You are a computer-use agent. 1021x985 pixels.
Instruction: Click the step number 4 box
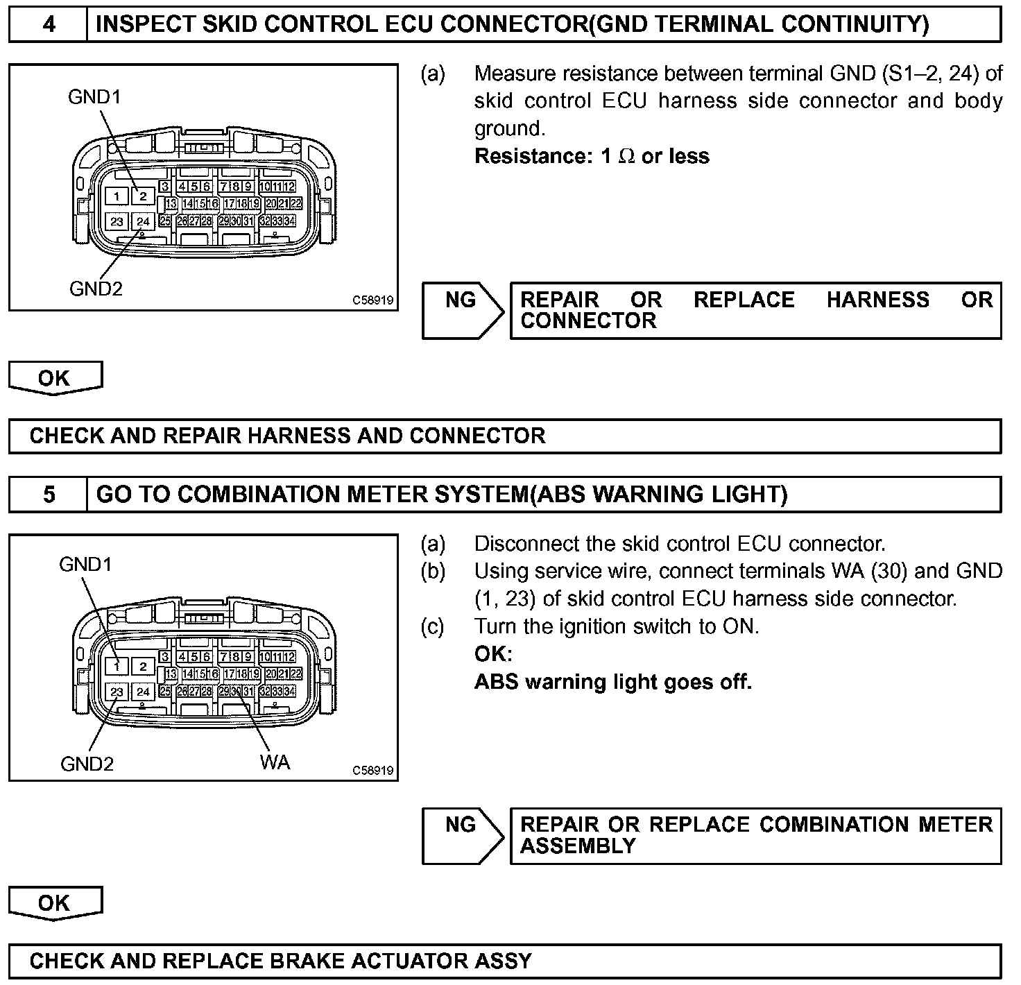49,25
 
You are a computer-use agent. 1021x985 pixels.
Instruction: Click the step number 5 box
49,495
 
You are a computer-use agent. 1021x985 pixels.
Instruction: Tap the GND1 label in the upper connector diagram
94,97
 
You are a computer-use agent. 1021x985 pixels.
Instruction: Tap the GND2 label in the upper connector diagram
96,289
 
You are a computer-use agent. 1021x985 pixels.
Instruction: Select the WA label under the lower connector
275,762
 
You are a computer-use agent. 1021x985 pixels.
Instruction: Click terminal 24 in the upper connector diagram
143,222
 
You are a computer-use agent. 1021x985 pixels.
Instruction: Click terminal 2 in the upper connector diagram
143,197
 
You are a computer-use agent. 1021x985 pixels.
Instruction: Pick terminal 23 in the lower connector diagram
117,692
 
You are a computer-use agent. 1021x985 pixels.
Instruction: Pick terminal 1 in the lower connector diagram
117,667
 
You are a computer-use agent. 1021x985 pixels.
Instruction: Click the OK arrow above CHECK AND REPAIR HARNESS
55,379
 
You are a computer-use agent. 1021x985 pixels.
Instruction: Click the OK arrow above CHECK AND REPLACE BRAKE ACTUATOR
55,903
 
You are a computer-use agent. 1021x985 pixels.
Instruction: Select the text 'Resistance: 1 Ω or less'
592,156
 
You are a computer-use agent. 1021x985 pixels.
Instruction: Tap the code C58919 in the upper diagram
372,300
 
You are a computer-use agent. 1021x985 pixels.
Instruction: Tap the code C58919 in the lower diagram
372,771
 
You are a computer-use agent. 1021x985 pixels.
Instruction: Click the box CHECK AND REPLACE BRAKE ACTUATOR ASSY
504,961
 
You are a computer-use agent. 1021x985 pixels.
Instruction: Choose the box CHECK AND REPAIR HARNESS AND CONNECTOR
504,436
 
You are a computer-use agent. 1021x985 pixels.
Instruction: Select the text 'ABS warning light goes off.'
613,682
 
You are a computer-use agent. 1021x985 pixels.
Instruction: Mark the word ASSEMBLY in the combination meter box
578,846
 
